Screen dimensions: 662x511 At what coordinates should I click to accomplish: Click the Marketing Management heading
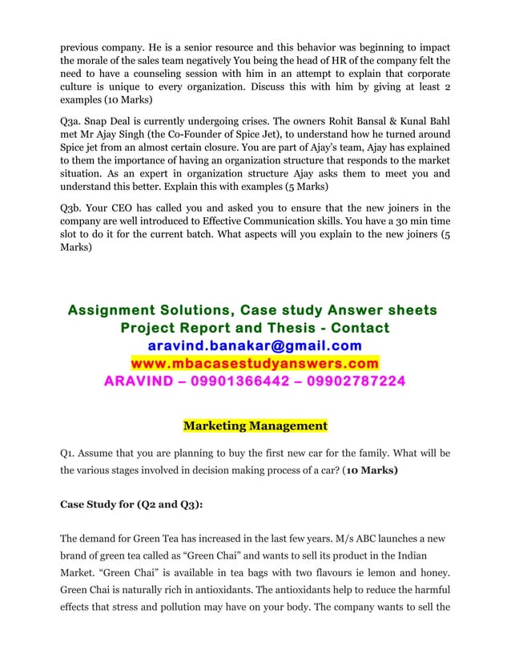pos(255,425)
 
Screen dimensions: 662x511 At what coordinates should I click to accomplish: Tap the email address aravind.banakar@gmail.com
pos(255,346)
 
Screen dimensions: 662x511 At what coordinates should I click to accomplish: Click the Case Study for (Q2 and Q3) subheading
pos(128,505)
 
